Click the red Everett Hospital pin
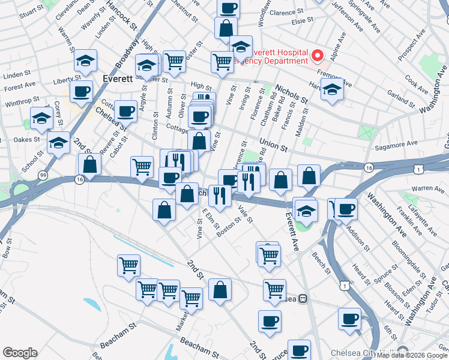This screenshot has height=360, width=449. (318, 56)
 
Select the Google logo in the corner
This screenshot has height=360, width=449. (20, 352)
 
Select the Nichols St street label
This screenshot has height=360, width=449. (292, 94)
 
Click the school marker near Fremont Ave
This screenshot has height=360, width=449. (332, 89)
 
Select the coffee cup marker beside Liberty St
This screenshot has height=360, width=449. (81, 92)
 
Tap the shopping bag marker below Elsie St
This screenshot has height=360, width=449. (226, 28)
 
